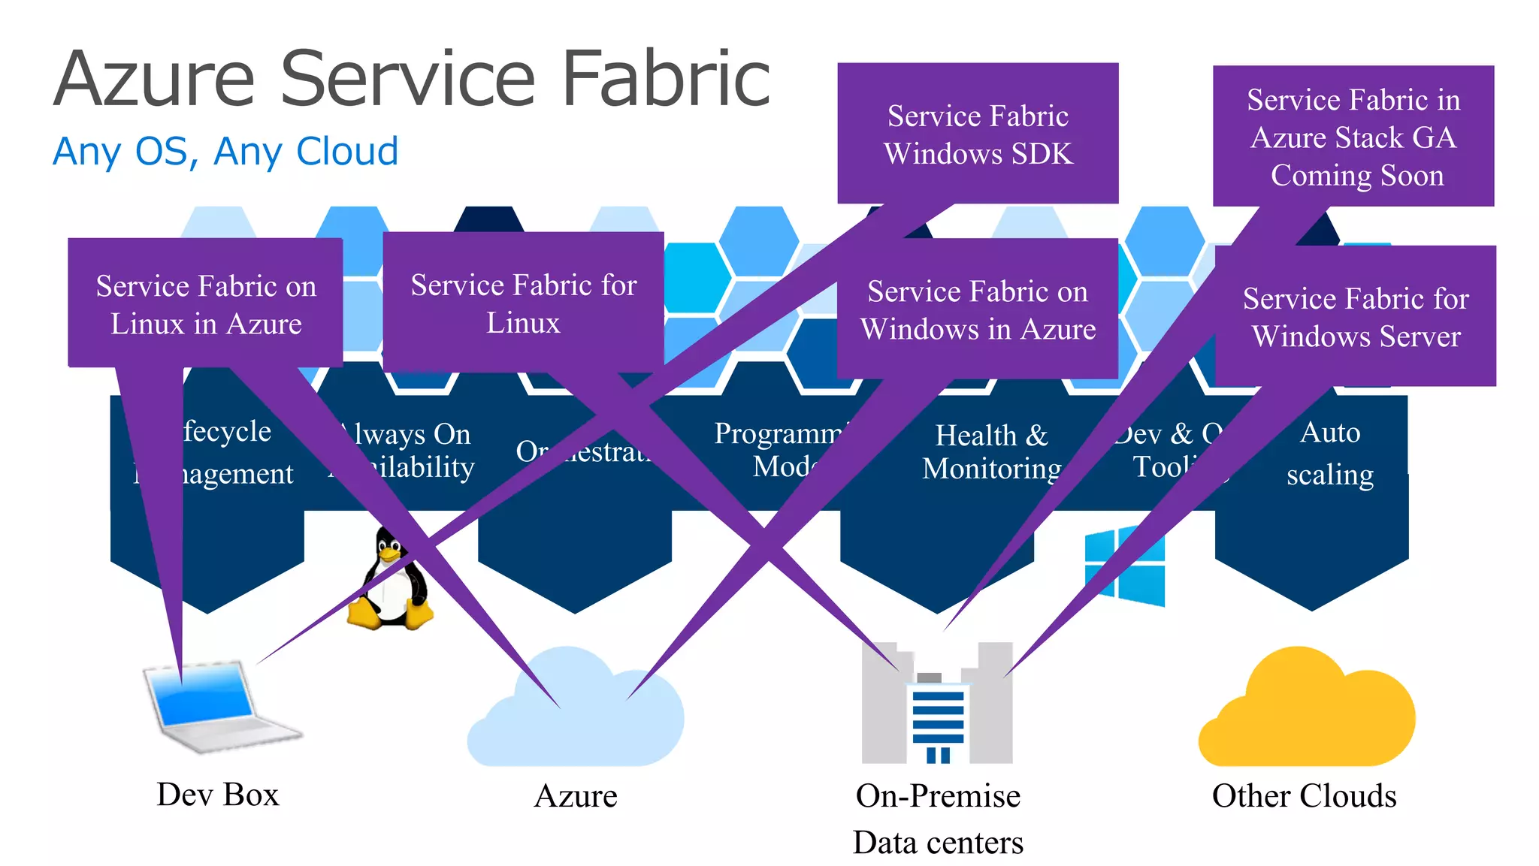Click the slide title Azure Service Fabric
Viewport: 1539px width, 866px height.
412,79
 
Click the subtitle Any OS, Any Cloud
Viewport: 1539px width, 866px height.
225,152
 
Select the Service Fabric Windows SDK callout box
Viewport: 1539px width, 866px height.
978,134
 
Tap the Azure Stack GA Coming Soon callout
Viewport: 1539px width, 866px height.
1353,137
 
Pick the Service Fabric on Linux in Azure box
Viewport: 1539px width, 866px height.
206,304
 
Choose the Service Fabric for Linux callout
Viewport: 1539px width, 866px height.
523,303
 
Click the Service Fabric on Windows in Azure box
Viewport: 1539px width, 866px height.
978,309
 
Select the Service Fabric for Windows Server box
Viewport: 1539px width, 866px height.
1356,317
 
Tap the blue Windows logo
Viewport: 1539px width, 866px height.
1125,566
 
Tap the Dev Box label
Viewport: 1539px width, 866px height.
218,795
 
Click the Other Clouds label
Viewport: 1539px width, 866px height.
1304,796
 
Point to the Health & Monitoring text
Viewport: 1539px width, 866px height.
991,451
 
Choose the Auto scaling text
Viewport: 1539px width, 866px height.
1330,453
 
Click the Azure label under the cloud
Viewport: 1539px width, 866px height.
576,796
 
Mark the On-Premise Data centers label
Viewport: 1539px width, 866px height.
938,819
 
